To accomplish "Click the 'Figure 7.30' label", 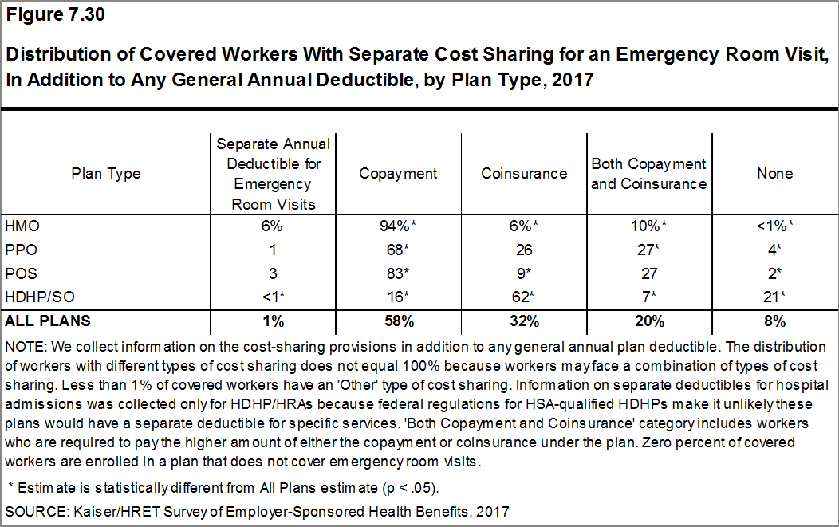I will point(49,14).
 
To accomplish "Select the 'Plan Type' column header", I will point(106,174).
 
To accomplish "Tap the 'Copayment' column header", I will point(398,174).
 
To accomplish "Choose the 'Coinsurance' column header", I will point(524,174).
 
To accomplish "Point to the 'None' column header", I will point(775,174).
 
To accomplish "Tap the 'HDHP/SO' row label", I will point(33,298).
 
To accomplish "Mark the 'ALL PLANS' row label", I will point(48,322).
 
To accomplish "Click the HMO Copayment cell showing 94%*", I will point(398,226).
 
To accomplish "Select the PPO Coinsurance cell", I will point(524,250).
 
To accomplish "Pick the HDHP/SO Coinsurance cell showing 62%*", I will point(524,298).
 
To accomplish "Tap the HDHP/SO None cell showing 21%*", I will point(775,298).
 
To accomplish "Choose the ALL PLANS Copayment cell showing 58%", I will point(398,322).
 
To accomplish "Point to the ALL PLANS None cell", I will point(775,322).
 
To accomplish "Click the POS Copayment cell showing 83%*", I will point(398,274).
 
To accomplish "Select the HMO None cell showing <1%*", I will point(775,226).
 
